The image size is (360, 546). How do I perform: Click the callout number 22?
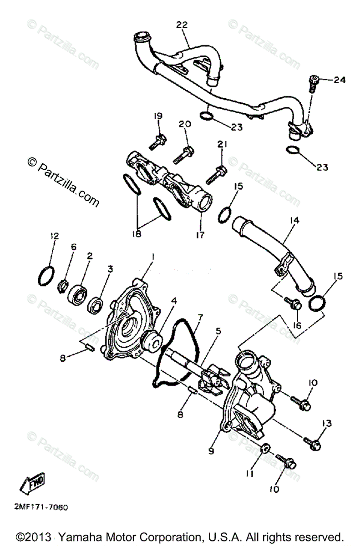pyautogui.click(x=182, y=25)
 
